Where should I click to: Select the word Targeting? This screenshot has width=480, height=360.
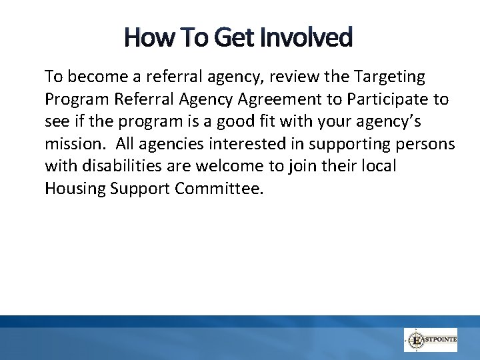pos(389,77)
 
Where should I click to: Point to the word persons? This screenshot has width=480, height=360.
pos(428,144)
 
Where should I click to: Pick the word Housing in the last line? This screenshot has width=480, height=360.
pos(74,189)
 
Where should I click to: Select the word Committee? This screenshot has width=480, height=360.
pos(219,189)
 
